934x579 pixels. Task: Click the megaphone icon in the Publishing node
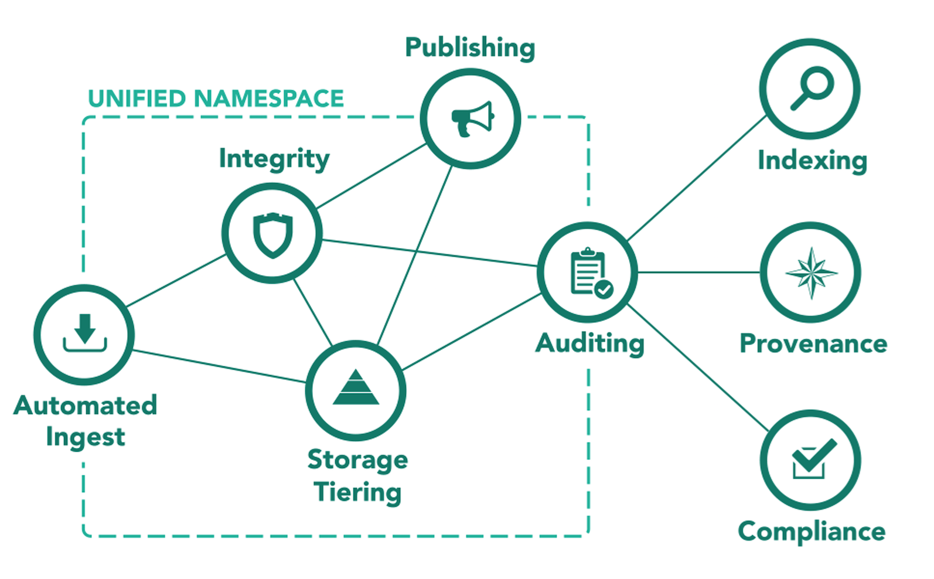tap(472, 118)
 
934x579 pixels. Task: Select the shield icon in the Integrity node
tap(272, 234)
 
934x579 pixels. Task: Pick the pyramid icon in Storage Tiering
tap(356, 388)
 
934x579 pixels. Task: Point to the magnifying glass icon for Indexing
tap(811, 88)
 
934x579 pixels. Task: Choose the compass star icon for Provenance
tap(811, 273)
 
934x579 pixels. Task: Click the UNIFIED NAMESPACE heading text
tap(216, 98)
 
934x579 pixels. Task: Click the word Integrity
tap(274, 159)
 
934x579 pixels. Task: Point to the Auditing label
tap(589, 343)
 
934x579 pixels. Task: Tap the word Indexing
tap(812, 161)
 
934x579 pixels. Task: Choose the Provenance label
tap(813, 344)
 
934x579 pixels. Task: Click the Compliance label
tap(812, 532)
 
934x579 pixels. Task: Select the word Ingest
tap(86, 437)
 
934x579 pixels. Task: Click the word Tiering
tap(357, 492)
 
